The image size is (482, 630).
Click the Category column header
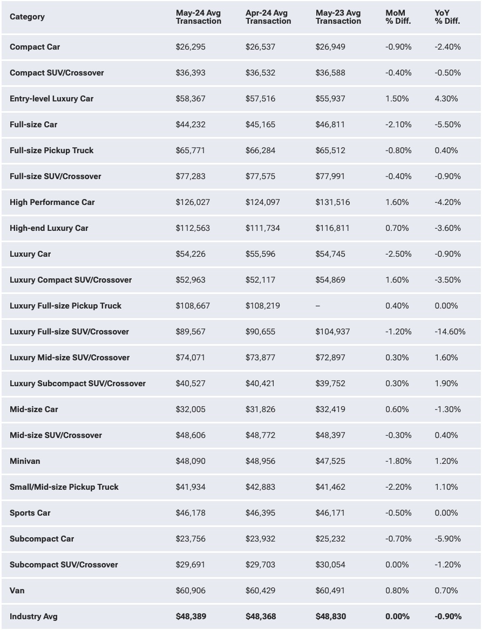point(27,17)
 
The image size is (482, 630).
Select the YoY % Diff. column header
point(447,17)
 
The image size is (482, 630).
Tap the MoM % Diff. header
point(398,17)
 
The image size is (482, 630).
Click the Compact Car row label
point(35,47)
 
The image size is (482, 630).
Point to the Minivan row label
point(25,461)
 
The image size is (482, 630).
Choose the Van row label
point(17,591)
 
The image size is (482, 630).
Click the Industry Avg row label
point(33,617)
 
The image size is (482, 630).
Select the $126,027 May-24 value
point(193,202)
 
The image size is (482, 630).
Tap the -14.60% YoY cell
point(450,332)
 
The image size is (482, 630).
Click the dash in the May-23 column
point(317,306)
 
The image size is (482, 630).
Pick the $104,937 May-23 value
point(332,332)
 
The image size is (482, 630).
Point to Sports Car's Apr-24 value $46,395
point(260,513)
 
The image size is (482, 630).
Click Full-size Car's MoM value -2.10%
point(398,125)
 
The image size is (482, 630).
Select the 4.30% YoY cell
point(446,99)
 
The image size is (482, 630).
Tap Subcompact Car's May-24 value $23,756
point(190,539)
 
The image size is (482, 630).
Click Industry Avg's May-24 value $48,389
point(191,617)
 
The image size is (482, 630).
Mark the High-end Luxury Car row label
point(49,228)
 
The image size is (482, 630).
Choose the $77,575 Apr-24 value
point(260,176)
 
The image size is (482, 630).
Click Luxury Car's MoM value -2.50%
point(398,254)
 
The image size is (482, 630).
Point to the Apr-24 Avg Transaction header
point(268,17)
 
